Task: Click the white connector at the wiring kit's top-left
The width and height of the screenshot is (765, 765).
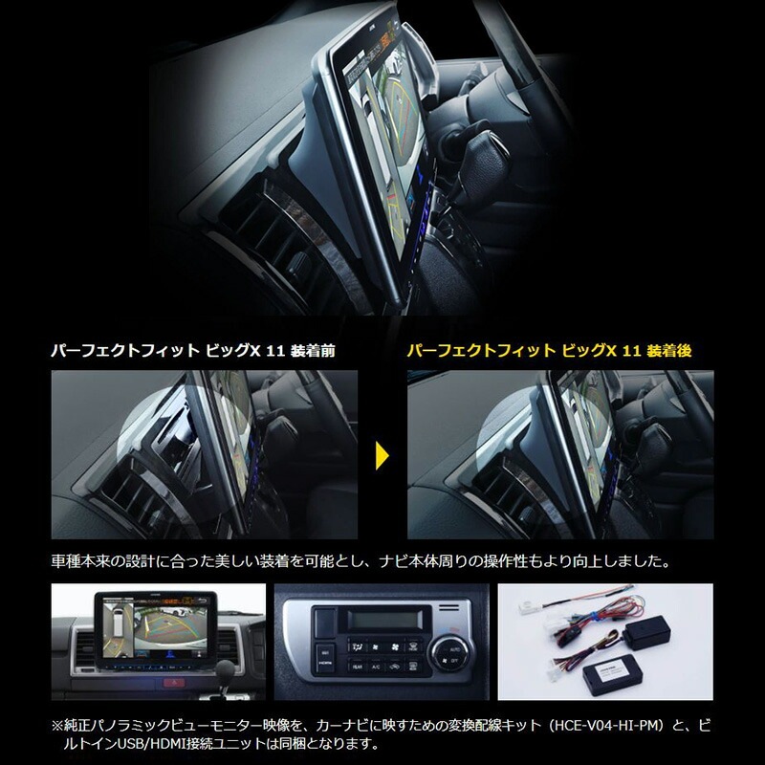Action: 527,609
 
